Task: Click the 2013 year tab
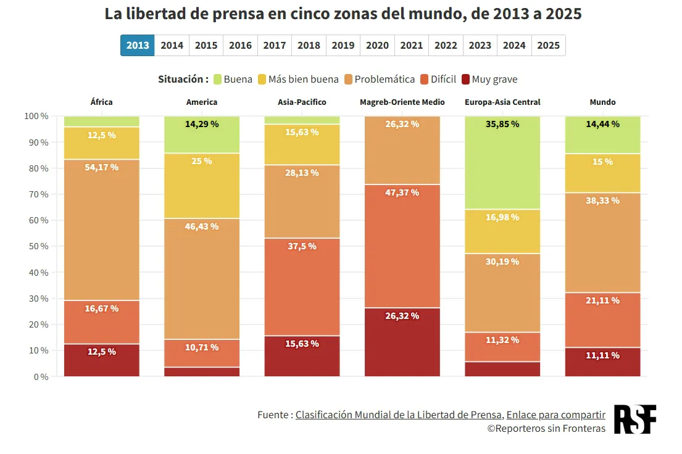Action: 138,45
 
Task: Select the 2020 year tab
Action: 377,45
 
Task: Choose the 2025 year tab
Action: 548,45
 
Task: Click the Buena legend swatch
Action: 217,79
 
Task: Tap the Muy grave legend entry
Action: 489,79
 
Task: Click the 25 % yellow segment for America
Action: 202,186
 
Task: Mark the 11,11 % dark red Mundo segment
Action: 602,362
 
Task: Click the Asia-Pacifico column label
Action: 302,102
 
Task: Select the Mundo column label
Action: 602,102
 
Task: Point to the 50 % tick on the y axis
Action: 36,246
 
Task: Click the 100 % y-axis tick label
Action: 36,116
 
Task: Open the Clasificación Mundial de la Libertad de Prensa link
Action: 398,415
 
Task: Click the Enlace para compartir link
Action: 555,415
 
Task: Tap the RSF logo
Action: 634,419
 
